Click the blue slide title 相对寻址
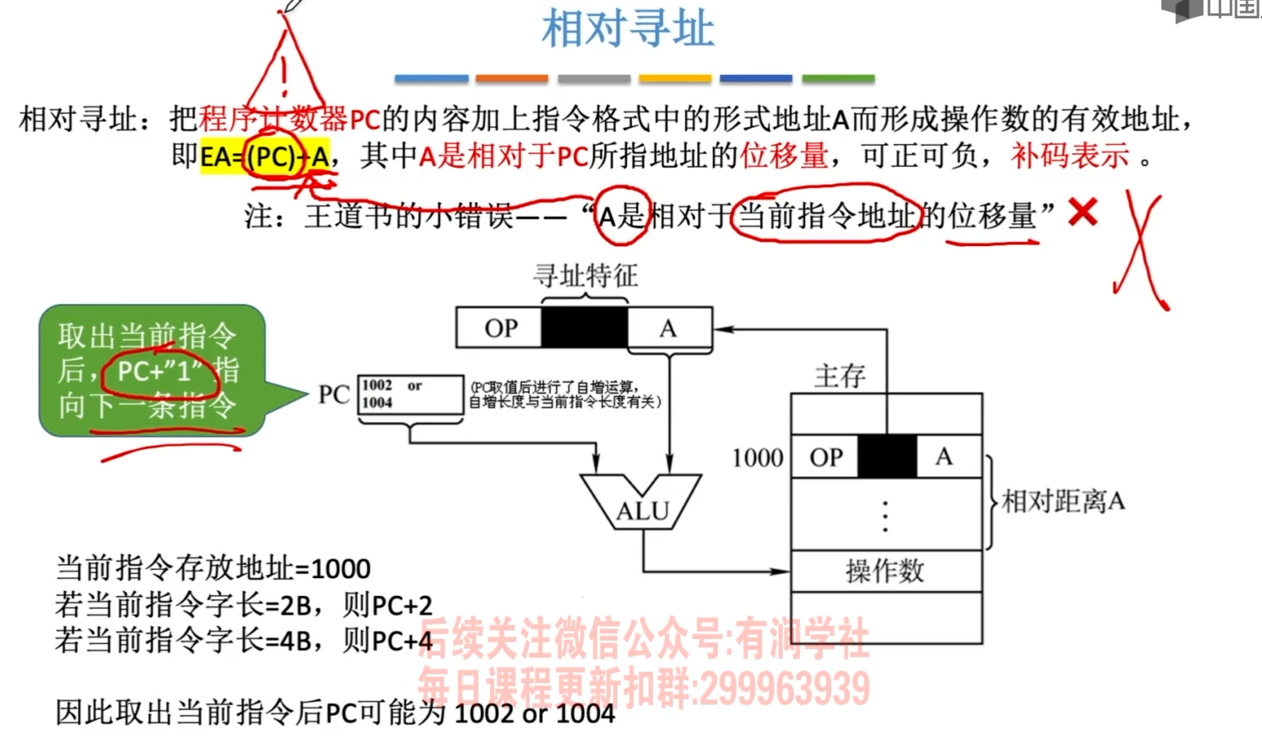[628, 29]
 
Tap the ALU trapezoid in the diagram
[642, 505]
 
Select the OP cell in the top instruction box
[500, 328]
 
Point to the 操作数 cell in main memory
[885, 571]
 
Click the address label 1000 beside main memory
[758, 458]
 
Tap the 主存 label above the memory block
[839, 376]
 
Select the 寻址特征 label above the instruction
[585, 276]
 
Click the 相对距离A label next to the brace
[1063, 502]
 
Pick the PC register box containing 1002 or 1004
[411, 394]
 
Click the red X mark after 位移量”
[1083, 212]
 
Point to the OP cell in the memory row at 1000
[826, 457]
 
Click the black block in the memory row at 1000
[886, 456]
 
